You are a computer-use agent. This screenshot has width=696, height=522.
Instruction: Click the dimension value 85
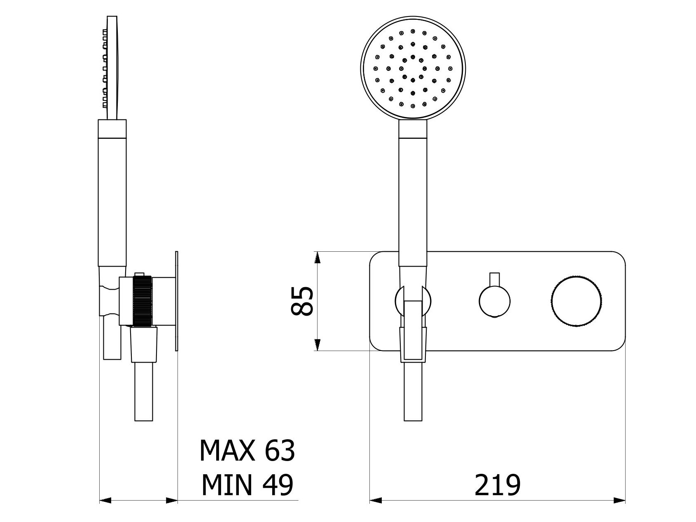coord(302,301)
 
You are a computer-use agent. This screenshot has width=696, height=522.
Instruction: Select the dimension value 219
coord(497,485)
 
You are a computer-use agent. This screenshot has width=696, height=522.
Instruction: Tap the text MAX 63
coord(247,450)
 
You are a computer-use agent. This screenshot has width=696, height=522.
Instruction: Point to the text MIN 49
coord(247,485)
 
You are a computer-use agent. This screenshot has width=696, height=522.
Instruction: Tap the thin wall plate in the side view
coord(177,301)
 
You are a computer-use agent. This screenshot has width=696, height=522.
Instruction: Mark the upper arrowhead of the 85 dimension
coord(317,257)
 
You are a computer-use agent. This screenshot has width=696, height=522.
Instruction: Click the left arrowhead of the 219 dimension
coord(376,501)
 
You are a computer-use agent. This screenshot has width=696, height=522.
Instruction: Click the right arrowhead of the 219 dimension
coord(619,501)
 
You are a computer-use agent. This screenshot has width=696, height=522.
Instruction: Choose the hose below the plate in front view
coord(413,391)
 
